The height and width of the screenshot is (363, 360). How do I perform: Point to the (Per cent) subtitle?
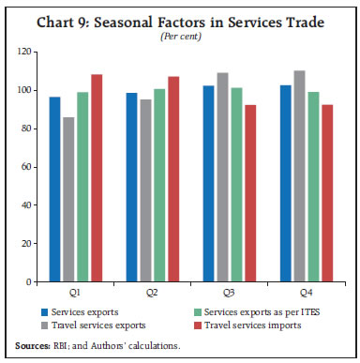click(x=180, y=36)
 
